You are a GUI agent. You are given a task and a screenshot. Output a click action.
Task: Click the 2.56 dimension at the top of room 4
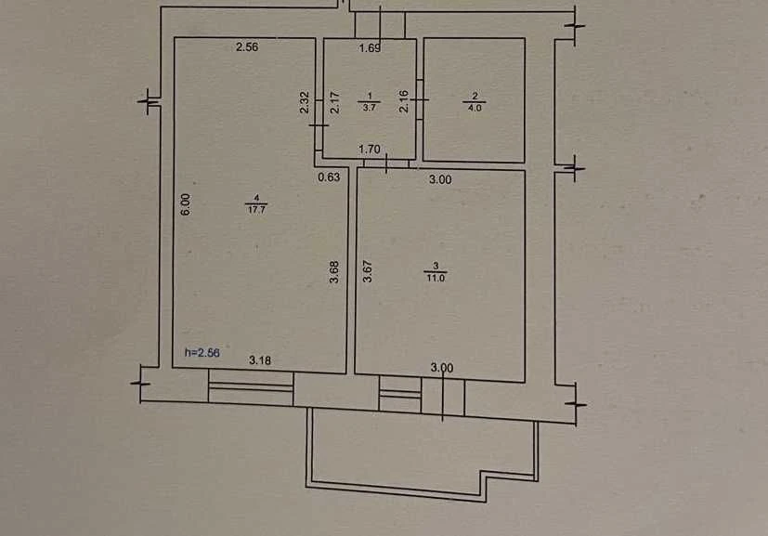(247, 47)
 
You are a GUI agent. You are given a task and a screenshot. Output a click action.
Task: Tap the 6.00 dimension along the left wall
(185, 204)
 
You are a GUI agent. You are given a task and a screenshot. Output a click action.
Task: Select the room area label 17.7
(256, 210)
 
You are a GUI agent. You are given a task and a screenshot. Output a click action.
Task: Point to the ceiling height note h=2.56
(202, 352)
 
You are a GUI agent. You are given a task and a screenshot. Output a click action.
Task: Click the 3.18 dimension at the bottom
(260, 360)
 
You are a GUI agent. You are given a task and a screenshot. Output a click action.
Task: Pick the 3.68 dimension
(334, 272)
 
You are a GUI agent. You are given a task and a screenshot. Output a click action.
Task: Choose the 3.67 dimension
(368, 271)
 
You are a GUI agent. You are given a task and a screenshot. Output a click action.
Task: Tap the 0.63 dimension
(329, 176)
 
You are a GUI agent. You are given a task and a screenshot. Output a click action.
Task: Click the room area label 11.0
(436, 279)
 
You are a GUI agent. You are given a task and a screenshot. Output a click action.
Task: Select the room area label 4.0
(475, 108)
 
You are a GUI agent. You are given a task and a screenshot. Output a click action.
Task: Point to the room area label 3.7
(369, 108)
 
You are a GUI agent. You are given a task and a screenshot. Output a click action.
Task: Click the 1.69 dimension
(370, 48)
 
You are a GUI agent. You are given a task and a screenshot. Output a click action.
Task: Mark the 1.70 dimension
(370, 149)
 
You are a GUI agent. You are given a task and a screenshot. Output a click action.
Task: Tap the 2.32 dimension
(305, 102)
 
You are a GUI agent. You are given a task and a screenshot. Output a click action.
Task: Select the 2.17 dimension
(335, 102)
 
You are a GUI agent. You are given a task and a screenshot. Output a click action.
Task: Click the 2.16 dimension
(404, 101)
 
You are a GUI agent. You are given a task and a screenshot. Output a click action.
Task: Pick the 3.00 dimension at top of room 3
(440, 180)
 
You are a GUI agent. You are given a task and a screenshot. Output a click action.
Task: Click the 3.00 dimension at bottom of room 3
(442, 368)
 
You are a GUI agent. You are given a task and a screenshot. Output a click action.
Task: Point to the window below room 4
(251, 387)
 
